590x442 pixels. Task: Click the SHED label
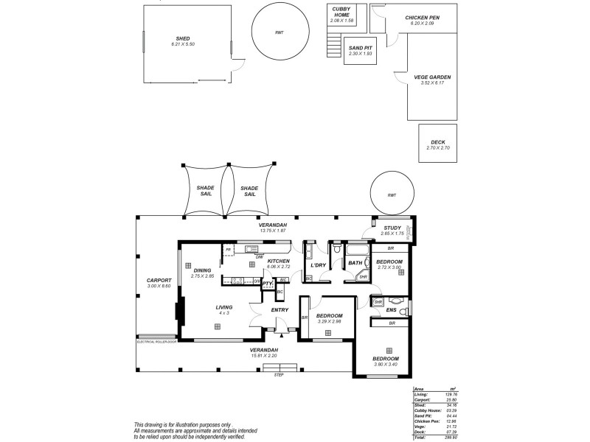point(183,38)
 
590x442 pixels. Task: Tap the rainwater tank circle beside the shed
point(280,33)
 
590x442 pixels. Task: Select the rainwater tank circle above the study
point(391,195)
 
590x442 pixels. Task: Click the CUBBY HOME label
point(341,12)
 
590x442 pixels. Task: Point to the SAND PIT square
point(360,50)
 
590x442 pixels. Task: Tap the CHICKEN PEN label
point(423,18)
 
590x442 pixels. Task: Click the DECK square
point(438,145)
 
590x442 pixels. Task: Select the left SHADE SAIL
point(205,190)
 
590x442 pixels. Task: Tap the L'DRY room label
point(319,264)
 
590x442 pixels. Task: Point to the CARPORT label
point(159,280)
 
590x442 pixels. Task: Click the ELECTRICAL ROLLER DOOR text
point(157,342)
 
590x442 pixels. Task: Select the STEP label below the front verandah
point(279,375)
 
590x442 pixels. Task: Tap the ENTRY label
point(280,310)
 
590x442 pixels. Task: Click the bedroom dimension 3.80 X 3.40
point(386,365)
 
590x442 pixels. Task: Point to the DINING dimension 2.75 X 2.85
point(202,276)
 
